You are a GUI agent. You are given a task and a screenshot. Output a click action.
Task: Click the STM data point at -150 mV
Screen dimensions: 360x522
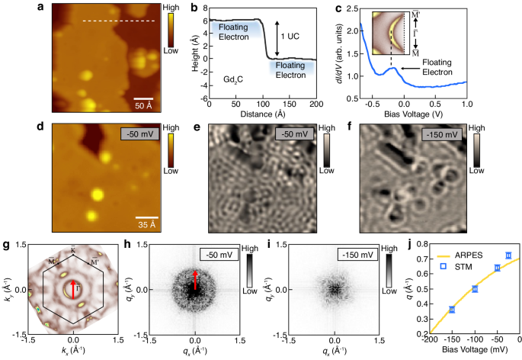tap(452, 309)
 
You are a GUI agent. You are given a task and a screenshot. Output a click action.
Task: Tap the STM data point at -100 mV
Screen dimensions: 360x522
tap(475, 289)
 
